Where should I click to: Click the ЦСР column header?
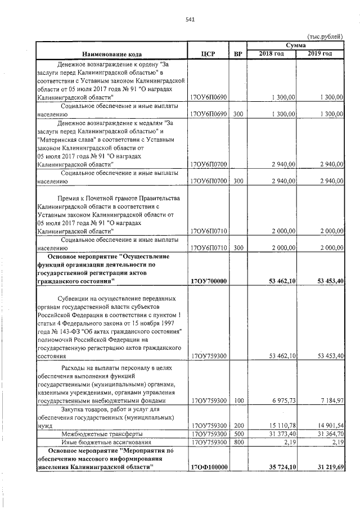coord(208,54)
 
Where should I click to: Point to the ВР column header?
coord(237,54)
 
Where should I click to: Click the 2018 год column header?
coord(271,53)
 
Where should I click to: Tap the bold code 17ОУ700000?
coord(209,281)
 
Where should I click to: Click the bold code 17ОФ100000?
coord(209,467)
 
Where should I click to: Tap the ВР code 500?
coord(238,434)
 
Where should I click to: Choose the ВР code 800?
coord(238,443)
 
